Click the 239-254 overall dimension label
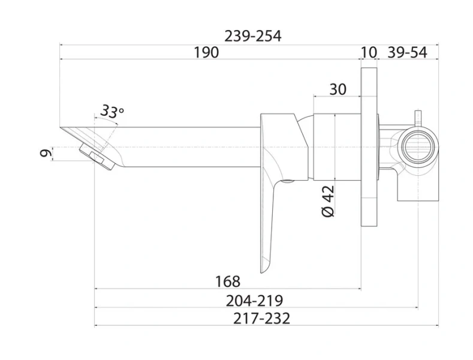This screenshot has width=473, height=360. point(252,36)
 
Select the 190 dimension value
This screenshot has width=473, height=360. point(206,53)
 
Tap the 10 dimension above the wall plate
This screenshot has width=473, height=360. point(368,53)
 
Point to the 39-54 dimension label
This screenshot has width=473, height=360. point(408,53)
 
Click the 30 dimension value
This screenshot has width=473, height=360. point(338,89)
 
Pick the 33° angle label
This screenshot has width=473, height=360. point(112,111)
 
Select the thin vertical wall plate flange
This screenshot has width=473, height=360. point(368,147)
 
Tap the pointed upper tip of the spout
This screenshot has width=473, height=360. point(62,128)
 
